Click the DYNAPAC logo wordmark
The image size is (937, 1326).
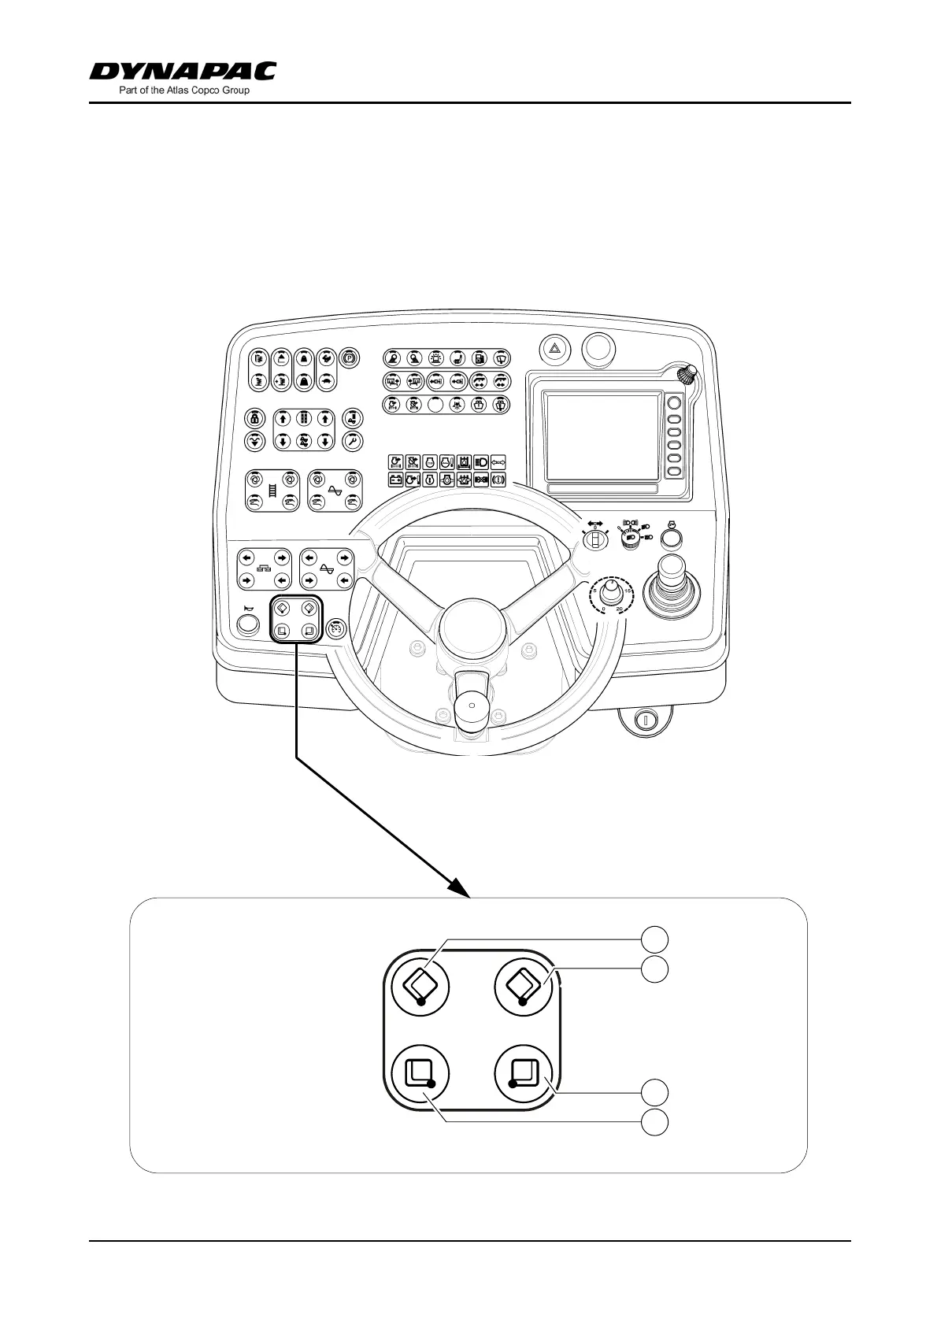(183, 72)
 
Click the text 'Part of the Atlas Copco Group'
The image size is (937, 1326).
(183, 91)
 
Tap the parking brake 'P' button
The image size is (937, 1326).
(349, 358)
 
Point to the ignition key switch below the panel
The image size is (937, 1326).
(644, 719)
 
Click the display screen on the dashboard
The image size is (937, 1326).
(602, 438)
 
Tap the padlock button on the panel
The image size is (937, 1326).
(254, 418)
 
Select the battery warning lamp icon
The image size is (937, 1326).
(396, 479)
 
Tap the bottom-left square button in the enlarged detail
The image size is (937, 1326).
(420, 1075)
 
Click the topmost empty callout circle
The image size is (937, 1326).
(654, 939)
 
